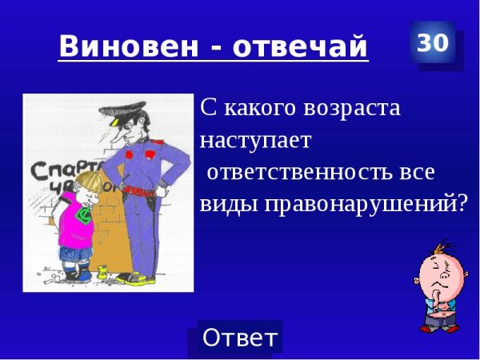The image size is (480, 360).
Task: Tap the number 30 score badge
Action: click(433, 43)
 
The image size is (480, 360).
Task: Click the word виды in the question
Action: click(226, 203)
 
